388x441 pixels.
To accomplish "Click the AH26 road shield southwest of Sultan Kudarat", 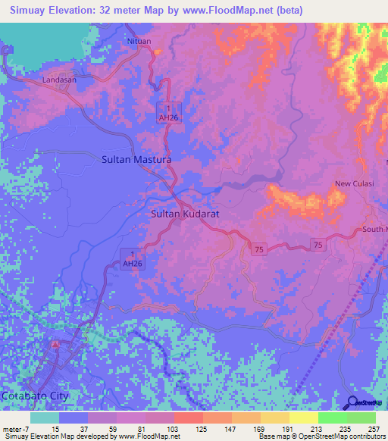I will point(132,258).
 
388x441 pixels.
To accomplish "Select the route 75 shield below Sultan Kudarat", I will point(259,249).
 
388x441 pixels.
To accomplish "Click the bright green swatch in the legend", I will point(333,418).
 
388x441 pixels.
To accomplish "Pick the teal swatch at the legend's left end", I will point(45,418).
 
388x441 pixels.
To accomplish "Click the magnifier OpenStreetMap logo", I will point(354,402).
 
